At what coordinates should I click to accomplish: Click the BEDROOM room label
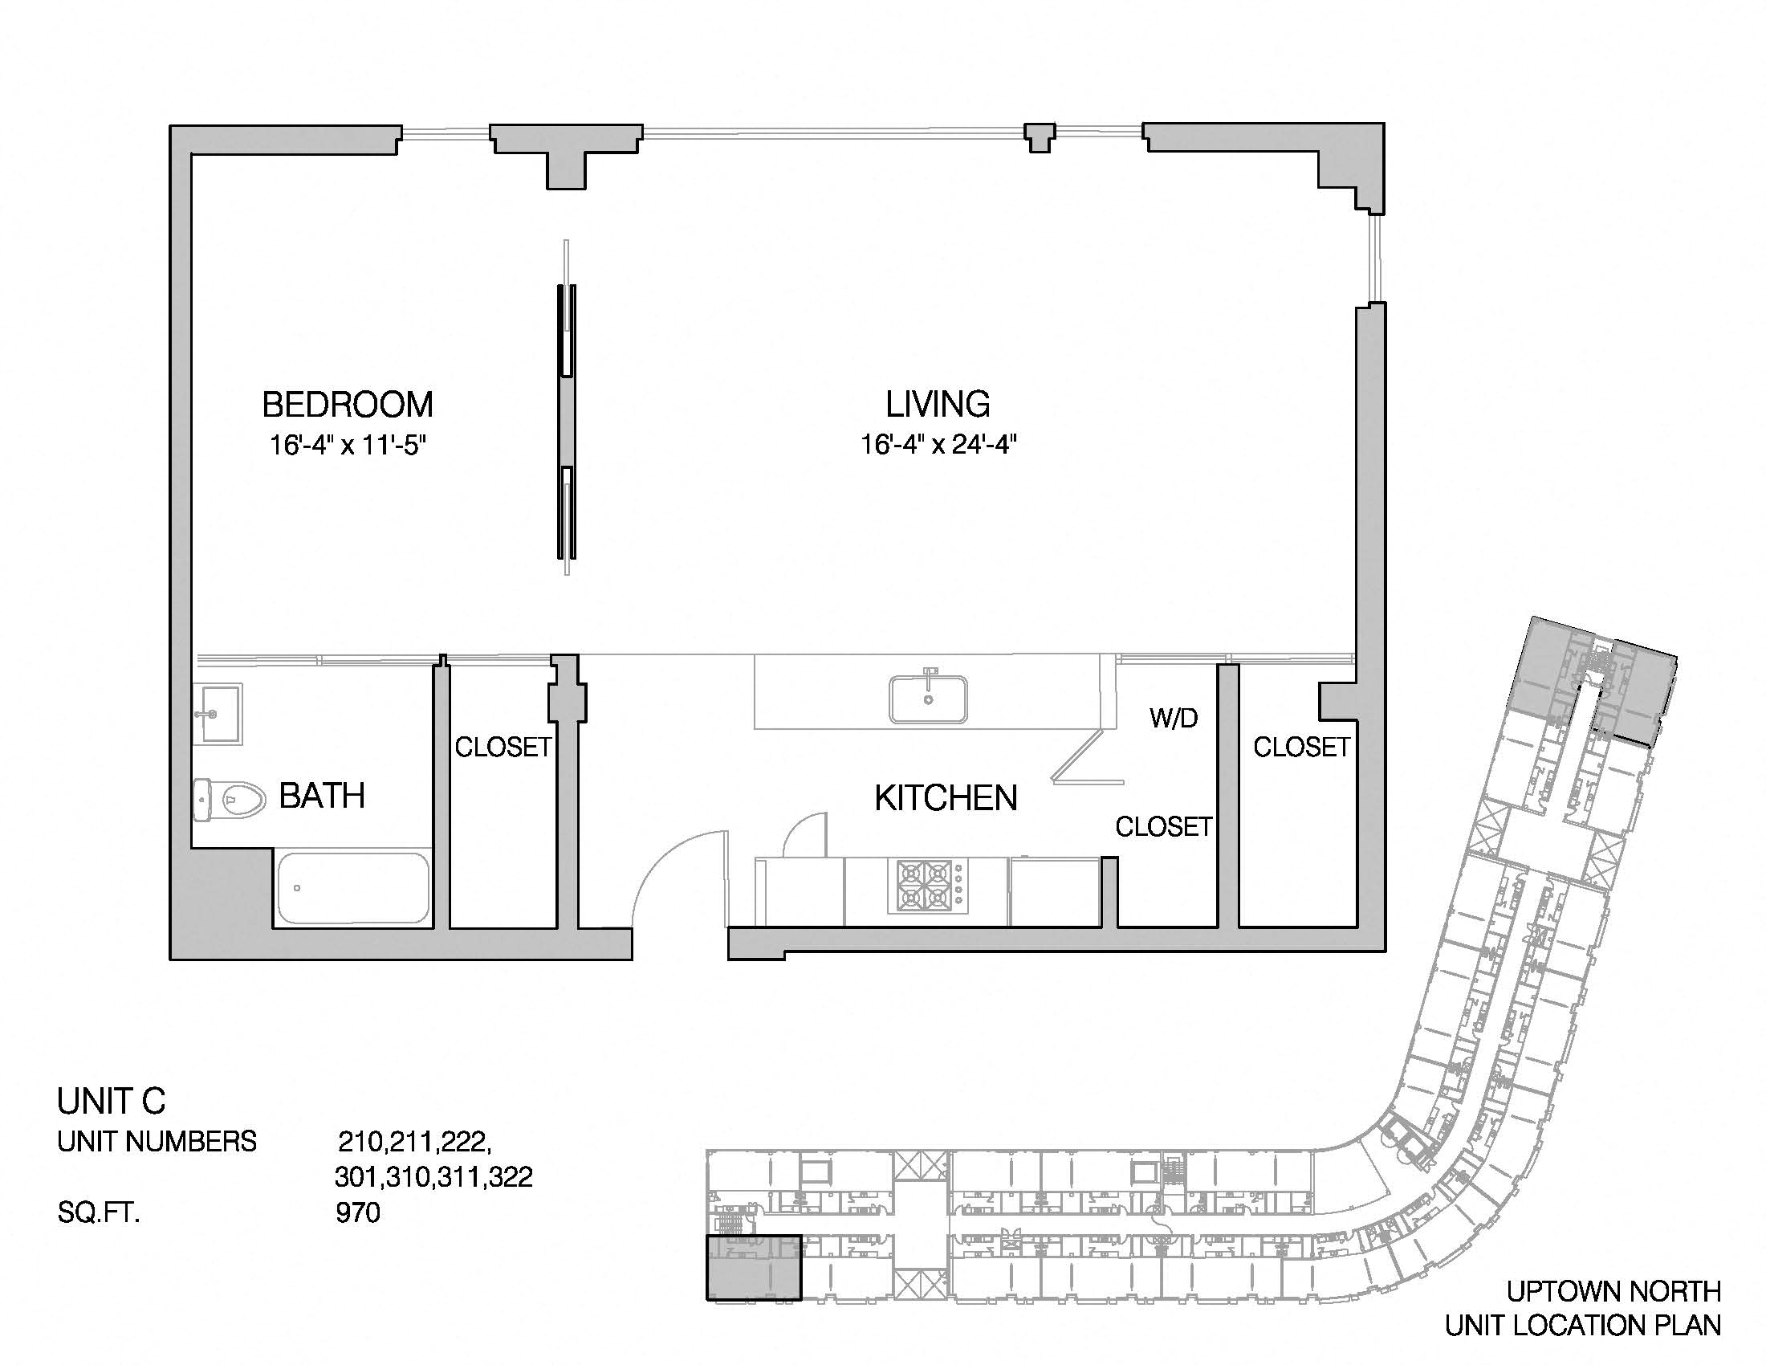point(348,405)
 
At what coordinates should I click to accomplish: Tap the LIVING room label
point(938,404)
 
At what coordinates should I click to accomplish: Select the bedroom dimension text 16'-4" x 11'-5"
point(348,446)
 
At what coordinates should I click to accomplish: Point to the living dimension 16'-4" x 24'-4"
point(938,445)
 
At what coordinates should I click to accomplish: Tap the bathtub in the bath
point(353,888)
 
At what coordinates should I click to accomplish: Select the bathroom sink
point(218,714)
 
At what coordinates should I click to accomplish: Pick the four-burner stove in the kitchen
point(926,886)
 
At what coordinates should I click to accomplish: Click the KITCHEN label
point(946,798)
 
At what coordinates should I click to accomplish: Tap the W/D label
point(1174,717)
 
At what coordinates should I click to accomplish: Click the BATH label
point(322,797)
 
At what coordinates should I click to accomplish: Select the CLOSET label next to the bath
point(503,748)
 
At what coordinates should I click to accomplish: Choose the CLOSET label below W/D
point(1164,826)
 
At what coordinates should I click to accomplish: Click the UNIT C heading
point(112,1102)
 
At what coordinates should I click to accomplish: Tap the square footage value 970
point(357,1213)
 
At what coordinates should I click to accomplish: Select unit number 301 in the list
point(358,1176)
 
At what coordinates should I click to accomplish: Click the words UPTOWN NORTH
point(1613,1291)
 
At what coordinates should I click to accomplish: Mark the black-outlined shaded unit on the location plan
point(754,1268)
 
